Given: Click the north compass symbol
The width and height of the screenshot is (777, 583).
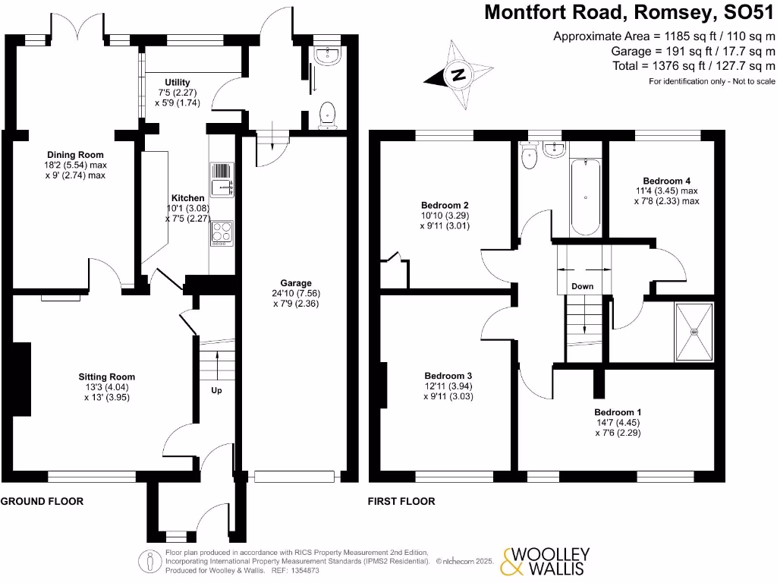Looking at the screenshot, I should click(457, 74).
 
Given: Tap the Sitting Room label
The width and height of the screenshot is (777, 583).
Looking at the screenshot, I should click(107, 377).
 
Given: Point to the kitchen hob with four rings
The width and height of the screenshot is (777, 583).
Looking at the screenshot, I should click(221, 231).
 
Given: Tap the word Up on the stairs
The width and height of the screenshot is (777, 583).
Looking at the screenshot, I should click(216, 391).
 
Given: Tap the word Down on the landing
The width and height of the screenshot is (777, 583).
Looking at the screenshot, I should click(583, 286).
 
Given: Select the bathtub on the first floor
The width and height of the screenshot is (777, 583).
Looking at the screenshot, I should click(585, 197).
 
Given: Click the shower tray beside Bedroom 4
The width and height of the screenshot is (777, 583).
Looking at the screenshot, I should click(694, 332).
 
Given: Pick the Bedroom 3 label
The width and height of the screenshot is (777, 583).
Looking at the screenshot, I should click(448, 376).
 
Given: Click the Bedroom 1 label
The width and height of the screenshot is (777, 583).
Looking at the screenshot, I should click(618, 412).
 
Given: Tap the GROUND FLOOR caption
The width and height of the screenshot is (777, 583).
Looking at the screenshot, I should click(42, 501).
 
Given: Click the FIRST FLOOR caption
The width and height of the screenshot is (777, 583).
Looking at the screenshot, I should click(401, 501).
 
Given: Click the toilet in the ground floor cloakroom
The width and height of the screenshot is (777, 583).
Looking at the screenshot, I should click(328, 114).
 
